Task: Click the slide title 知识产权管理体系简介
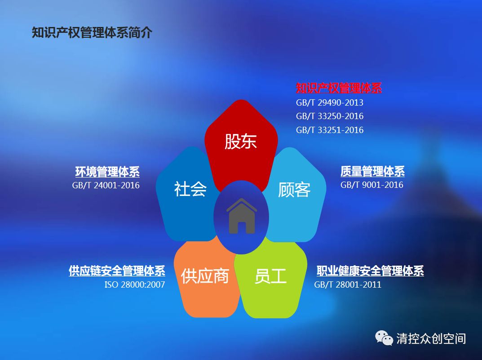92,33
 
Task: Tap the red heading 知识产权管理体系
339,88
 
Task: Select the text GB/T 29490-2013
330,102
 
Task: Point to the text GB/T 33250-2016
330,116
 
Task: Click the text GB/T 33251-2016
330,130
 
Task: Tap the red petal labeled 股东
241,138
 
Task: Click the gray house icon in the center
242,216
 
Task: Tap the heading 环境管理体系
107,172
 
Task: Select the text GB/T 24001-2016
106,185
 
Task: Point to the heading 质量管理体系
372,171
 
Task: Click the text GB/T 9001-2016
371,185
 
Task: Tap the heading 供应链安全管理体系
117,271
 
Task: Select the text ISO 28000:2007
135,284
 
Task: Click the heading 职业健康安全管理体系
370,271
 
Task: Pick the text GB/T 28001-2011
348,284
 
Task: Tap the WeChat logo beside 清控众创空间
384,338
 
